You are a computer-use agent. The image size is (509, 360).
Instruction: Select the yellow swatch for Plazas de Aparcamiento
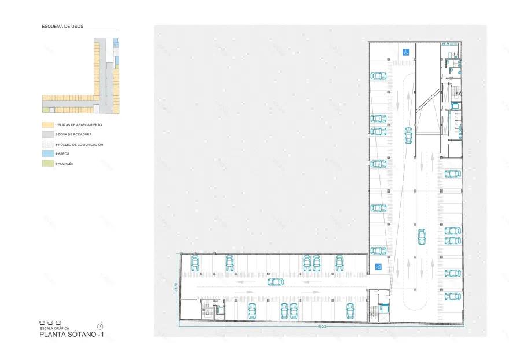click(47, 125)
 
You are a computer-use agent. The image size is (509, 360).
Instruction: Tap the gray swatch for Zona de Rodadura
click(47, 134)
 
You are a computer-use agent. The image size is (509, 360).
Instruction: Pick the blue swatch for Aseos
click(47, 154)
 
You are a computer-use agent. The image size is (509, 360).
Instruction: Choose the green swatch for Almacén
click(47, 164)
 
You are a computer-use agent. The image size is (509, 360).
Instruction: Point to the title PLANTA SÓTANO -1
click(72, 335)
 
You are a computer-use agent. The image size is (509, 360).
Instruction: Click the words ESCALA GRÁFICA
click(54, 328)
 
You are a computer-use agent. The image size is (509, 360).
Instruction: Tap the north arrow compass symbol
click(100, 326)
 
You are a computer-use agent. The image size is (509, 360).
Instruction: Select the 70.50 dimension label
click(321, 326)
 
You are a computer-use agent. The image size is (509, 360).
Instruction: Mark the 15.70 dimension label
click(175, 286)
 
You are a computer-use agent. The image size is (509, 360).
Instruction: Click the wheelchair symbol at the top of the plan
click(406, 52)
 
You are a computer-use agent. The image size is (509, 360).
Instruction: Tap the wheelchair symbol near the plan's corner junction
click(378, 267)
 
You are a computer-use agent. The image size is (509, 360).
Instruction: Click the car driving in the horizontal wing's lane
click(276, 282)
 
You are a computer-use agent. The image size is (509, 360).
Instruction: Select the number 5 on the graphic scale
click(61, 321)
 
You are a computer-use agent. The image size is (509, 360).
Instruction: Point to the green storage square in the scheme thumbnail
click(45, 109)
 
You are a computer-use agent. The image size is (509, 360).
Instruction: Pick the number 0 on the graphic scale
click(40, 321)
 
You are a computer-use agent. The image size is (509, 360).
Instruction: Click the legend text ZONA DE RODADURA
click(74, 134)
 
